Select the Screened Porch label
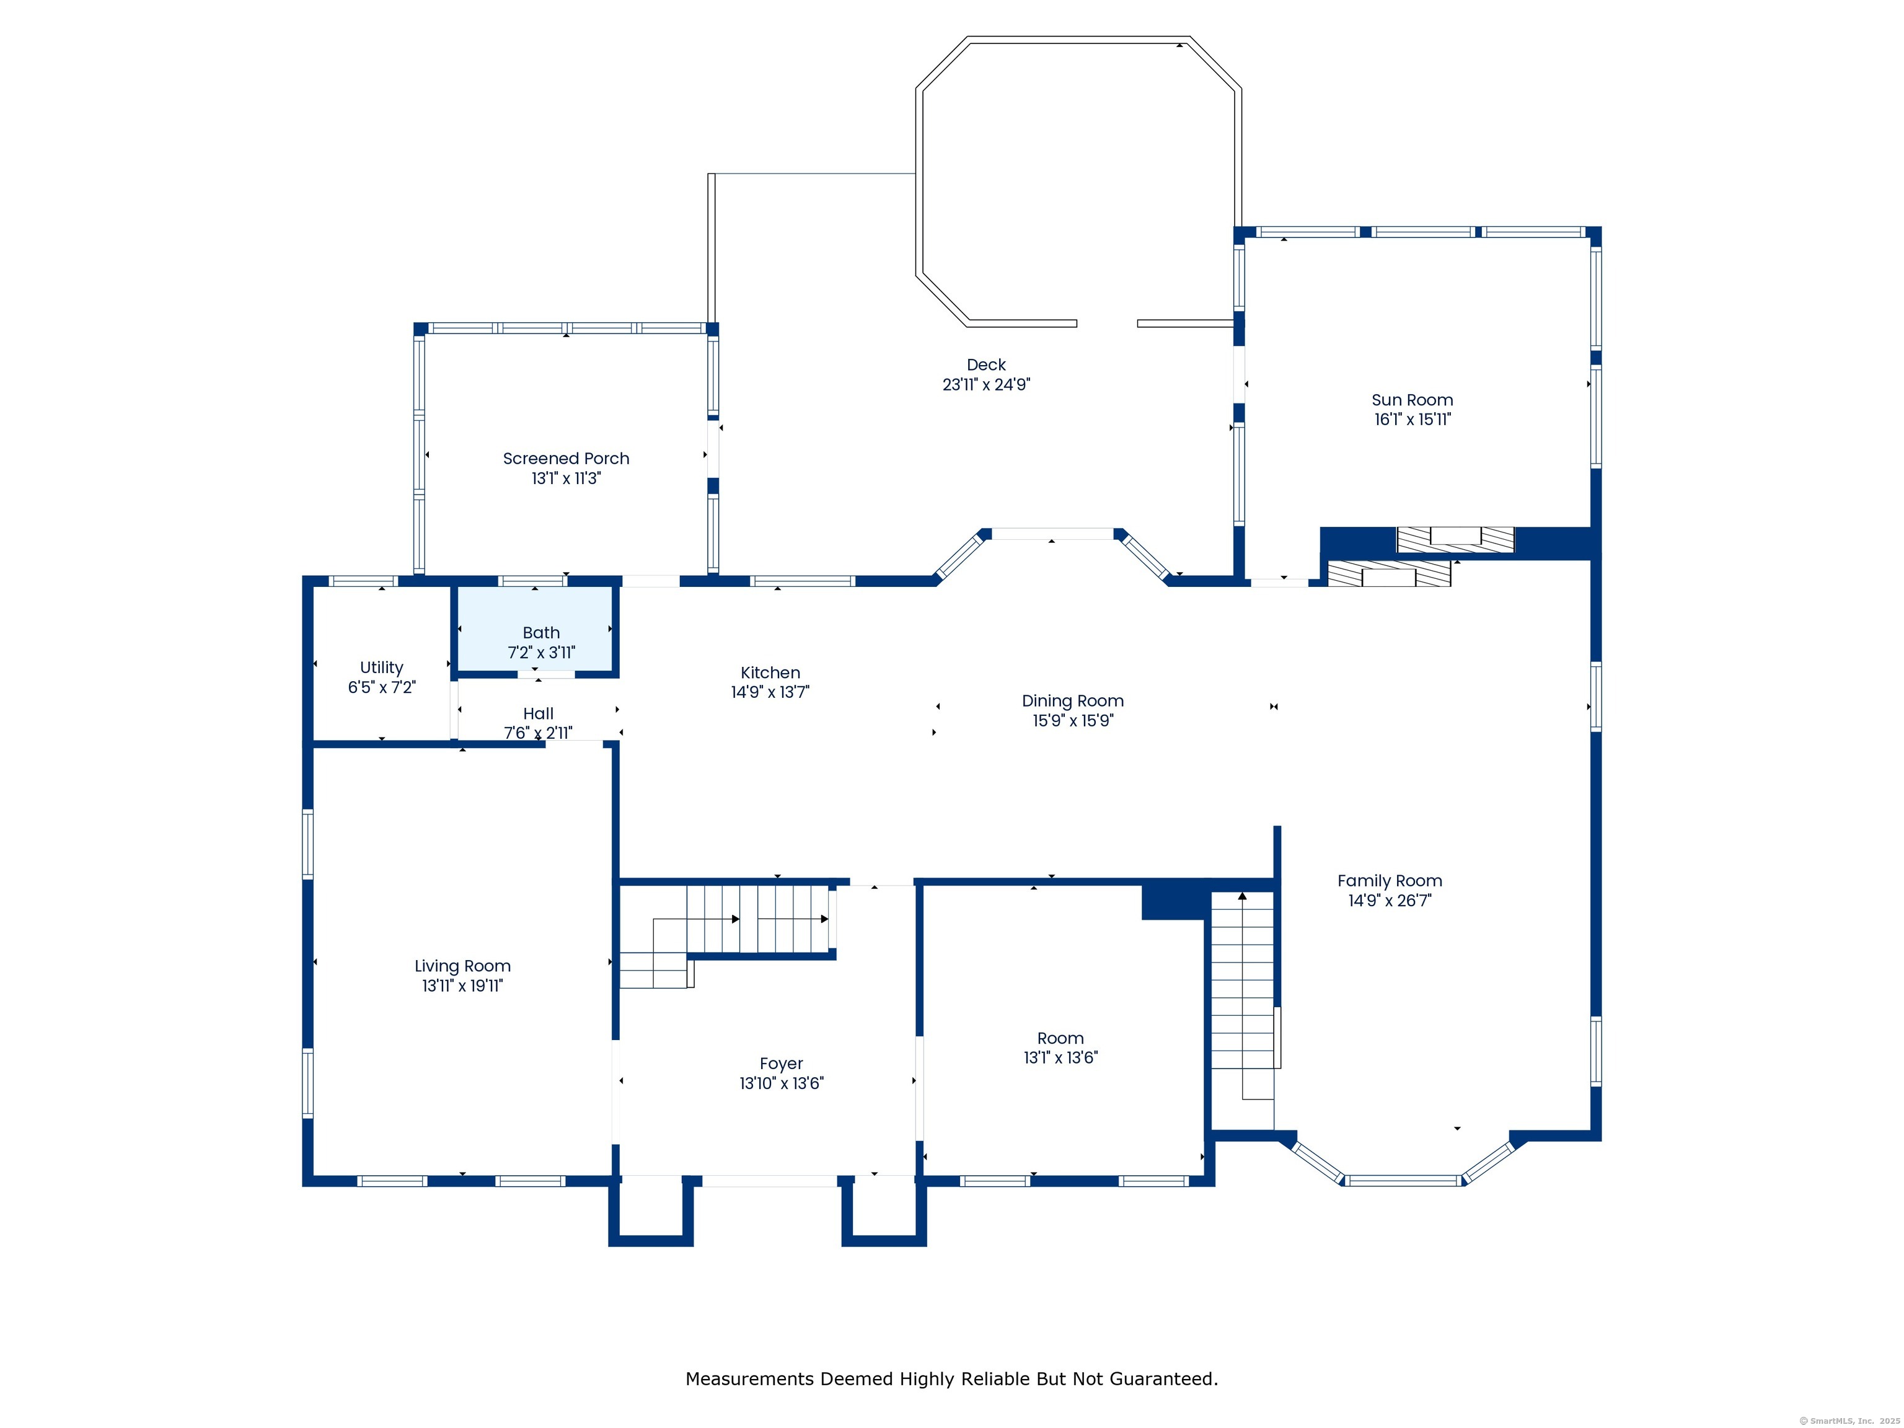pyautogui.click(x=565, y=459)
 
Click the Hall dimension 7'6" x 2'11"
pyautogui.click(x=538, y=733)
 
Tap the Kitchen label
pyautogui.click(x=770, y=673)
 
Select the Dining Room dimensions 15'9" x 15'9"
pyautogui.click(x=1072, y=720)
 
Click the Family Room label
pyautogui.click(x=1390, y=881)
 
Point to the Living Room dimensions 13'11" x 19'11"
pyautogui.click(x=462, y=985)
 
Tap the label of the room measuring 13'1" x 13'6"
pyautogui.click(x=1060, y=1038)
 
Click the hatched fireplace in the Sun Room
pyautogui.click(x=1455, y=539)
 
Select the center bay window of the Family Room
pyautogui.click(x=1403, y=1180)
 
